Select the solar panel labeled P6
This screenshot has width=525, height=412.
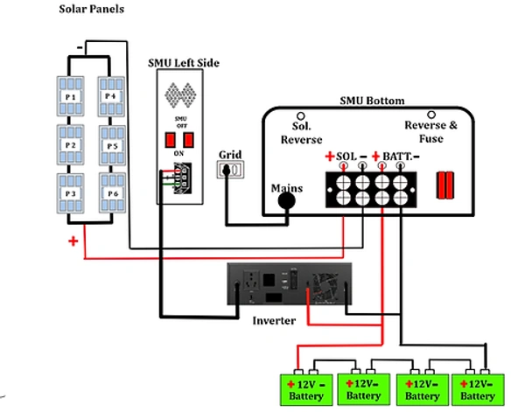point(110,192)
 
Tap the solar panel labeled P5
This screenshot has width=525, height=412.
point(110,144)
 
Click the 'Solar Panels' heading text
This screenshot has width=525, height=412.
point(91,9)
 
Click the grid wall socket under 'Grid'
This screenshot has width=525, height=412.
point(231,171)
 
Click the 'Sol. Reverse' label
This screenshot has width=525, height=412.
point(301,132)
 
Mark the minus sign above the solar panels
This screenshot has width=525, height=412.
point(81,44)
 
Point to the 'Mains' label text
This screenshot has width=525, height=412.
point(288,185)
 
